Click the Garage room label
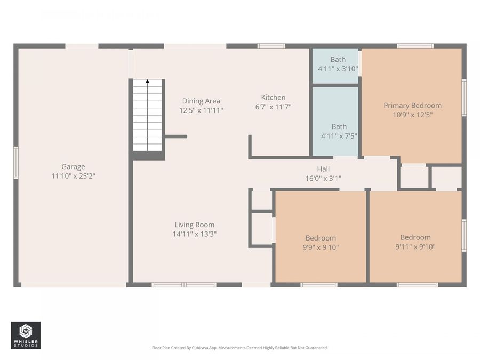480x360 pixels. (x=73, y=166)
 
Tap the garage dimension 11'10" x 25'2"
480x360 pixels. (x=73, y=175)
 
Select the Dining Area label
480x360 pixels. (x=201, y=101)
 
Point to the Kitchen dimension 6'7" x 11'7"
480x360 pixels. (x=273, y=107)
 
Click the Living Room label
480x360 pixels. (x=194, y=225)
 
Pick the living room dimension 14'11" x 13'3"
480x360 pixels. (x=194, y=234)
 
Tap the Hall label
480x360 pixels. (x=323, y=169)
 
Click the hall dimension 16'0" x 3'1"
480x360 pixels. (x=323, y=178)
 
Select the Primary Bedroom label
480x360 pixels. (x=412, y=105)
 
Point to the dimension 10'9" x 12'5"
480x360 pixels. (x=412, y=114)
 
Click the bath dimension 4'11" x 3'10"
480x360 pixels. (x=338, y=69)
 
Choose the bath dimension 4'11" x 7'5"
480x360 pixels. (x=339, y=135)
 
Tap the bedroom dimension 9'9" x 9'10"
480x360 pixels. (x=321, y=247)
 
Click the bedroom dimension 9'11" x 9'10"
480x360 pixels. (x=415, y=246)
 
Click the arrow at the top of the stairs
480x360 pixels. (x=147, y=82)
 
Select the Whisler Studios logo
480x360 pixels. (x=26, y=335)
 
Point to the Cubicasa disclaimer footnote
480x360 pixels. (x=240, y=348)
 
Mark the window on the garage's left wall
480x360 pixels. (x=16, y=163)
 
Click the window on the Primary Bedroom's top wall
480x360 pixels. (x=415, y=46)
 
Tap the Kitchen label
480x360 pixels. (x=273, y=98)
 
